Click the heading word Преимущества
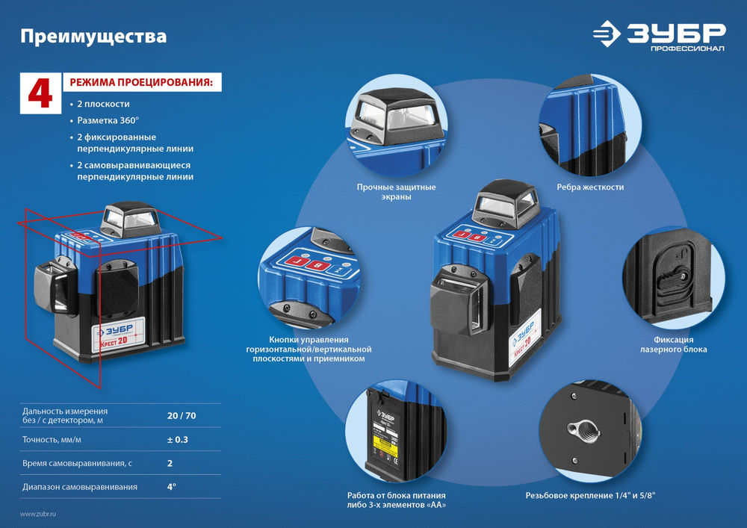(93, 36)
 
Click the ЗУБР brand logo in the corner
(658, 35)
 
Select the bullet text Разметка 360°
(108, 120)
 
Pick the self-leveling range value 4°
(171, 487)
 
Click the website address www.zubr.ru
(38, 514)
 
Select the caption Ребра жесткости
(590, 187)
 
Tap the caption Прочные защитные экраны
(396, 192)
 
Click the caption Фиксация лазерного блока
(674, 344)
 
